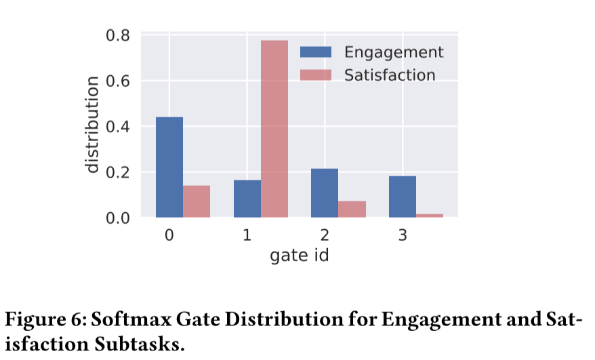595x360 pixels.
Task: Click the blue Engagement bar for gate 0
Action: (169, 167)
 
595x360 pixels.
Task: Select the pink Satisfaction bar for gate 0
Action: (197, 201)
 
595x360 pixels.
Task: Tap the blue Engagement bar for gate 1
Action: (247, 199)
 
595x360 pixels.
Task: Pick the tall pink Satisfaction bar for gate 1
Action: (274, 129)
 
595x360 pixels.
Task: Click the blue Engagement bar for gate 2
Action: (325, 193)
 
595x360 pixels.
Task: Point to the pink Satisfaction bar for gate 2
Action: (352, 209)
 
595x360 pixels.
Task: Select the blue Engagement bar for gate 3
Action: (403, 197)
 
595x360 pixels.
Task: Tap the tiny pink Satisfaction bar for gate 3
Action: (430, 216)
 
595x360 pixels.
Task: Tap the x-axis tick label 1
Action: (247, 236)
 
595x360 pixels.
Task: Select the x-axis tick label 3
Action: (403, 236)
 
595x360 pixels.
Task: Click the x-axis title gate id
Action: (300, 256)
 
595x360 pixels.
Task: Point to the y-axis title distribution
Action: (92, 125)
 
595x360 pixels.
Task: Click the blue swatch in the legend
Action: (316, 53)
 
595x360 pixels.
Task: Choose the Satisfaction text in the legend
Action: (390, 75)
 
